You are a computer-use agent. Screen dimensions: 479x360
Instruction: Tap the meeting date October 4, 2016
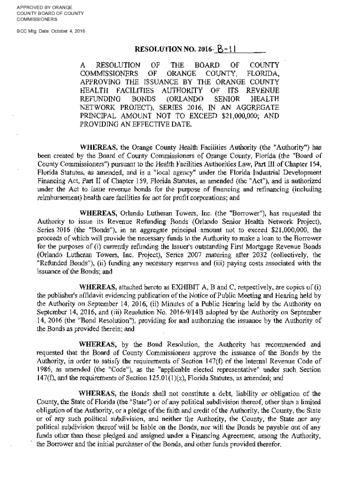69,31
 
